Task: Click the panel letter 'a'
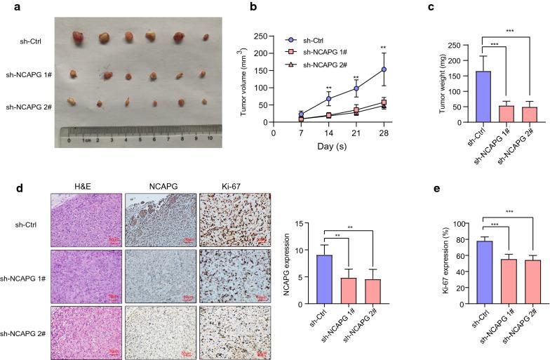click(6, 6)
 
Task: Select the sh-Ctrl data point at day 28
click(384, 69)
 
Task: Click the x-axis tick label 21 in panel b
click(356, 132)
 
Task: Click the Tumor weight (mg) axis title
click(441, 78)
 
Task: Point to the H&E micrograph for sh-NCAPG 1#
click(86, 275)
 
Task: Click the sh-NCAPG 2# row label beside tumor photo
click(28, 107)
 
